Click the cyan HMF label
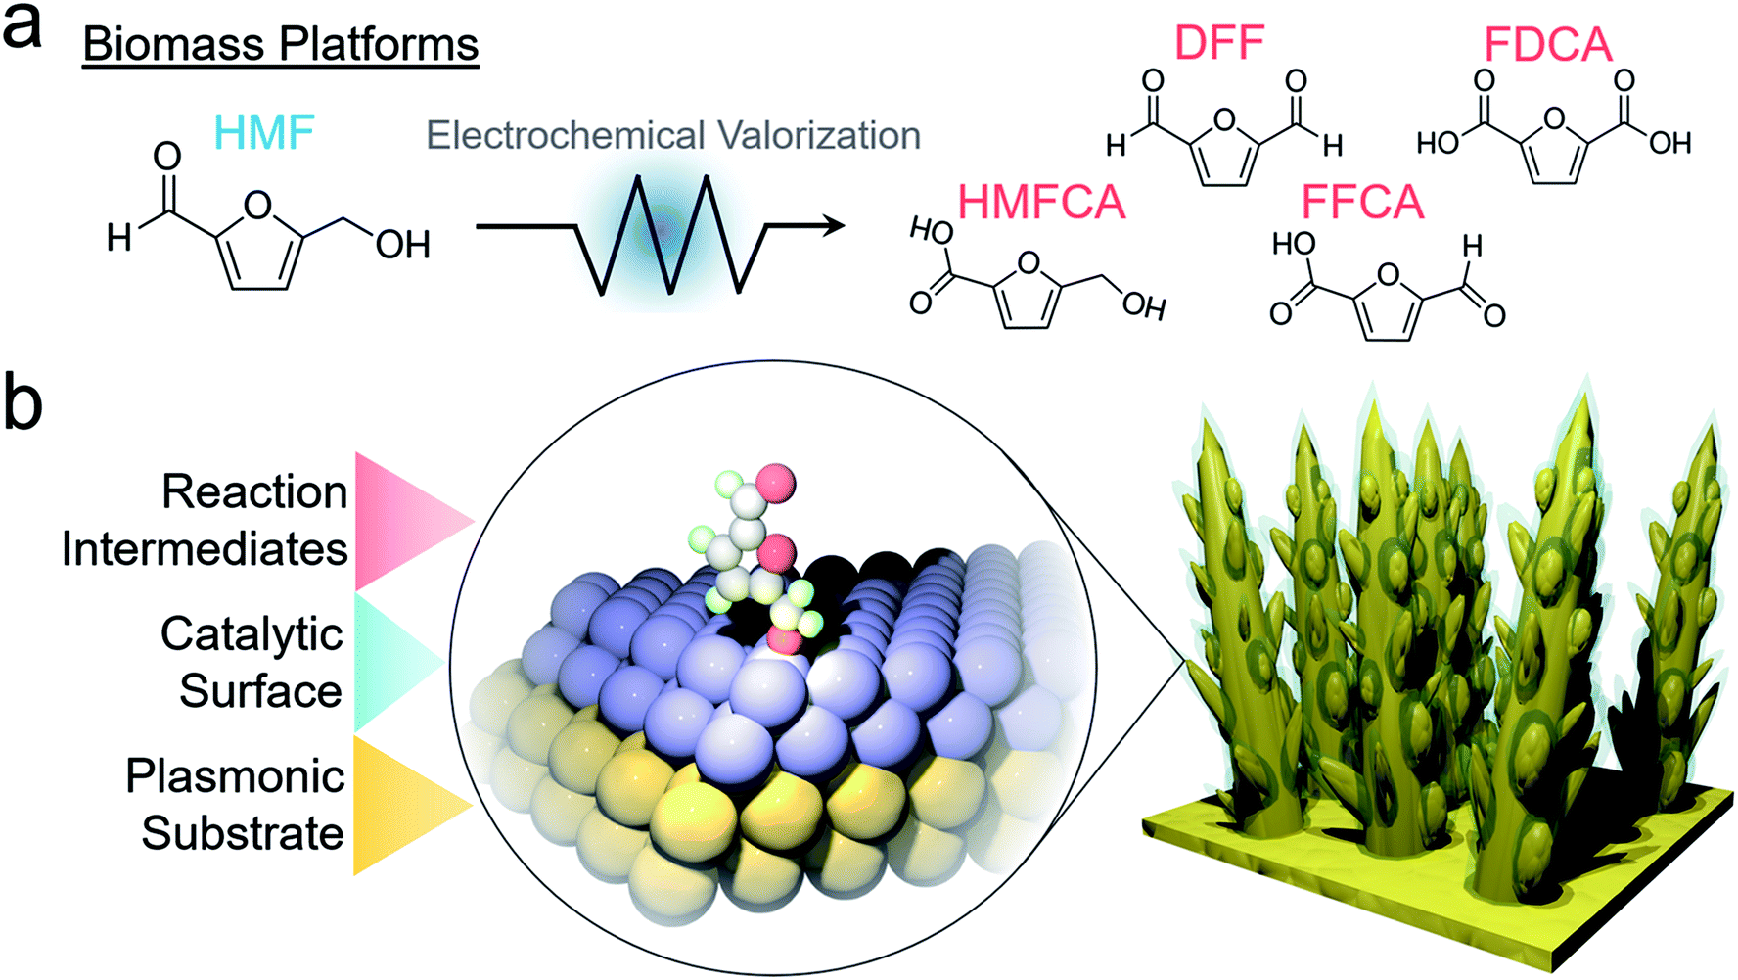(264, 132)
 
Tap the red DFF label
(1218, 42)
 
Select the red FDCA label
(1547, 44)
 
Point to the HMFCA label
(1041, 202)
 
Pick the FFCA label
(1362, 202)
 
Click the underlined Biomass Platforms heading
(281, 45)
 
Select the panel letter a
(23, 28)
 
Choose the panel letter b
(23, 402)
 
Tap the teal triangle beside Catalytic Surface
(396, 663)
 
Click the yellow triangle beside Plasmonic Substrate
(412, 805)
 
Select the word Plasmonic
(235, 777)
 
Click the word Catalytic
(252, 634)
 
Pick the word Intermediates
(205, 548)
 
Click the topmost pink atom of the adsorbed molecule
(775, 483)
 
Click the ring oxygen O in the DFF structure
(1223, 121)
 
